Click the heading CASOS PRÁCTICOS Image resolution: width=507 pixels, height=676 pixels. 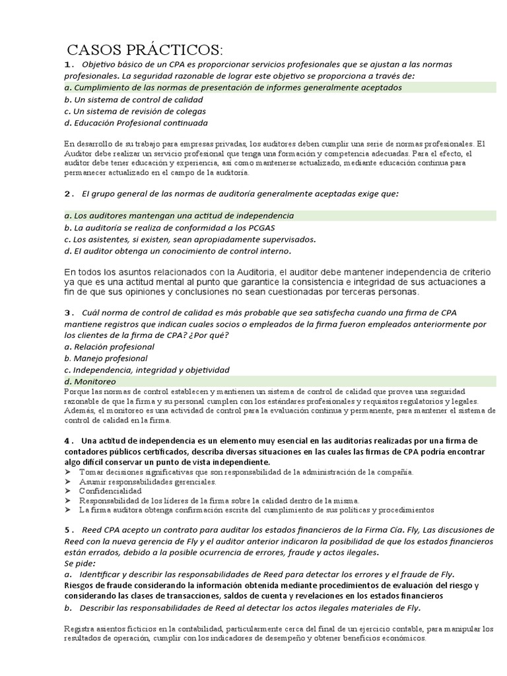pos(145,50)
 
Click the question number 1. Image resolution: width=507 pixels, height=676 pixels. pos(68,65)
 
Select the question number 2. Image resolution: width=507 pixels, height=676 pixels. pos(68,193)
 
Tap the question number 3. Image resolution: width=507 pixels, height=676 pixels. pos(68,312)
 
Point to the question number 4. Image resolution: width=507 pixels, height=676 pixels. pos(68,441)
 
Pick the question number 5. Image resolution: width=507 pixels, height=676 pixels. pos(68,530)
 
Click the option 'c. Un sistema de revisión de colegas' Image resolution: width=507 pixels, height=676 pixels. pos(135,111)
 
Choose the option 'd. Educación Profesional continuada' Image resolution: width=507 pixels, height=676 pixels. pos(136,123)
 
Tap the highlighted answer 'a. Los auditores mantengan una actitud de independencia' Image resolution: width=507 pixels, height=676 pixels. pos(179,216)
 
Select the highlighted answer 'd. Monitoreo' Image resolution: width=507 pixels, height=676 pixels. pos(90,382)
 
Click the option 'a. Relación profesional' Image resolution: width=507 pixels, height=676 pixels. pos(109,347)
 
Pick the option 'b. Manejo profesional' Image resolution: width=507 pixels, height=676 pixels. pos(106,358)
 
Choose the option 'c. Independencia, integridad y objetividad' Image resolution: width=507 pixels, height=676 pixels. pos(147,370)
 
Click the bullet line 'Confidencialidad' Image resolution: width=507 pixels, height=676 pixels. pos(110,491)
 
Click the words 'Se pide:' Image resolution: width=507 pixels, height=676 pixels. pos(80,563)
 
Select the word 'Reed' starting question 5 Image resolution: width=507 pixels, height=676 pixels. pos(93,530)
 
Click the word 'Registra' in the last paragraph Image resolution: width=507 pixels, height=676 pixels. pos(79,628)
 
